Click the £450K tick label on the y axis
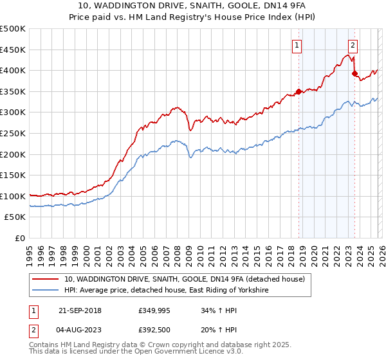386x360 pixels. click(x=13, y=50)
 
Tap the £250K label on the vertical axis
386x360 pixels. click(x=13, y=133)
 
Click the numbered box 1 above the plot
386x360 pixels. click(x=297, y=45)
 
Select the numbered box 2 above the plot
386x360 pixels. click(x=353, y=45)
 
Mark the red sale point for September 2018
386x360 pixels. click(x=299, y=91)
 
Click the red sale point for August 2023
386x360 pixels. click(x=354, y=73)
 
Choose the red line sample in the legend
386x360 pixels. click(x=46, y=279)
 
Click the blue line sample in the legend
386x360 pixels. click(x=46, y=291)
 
